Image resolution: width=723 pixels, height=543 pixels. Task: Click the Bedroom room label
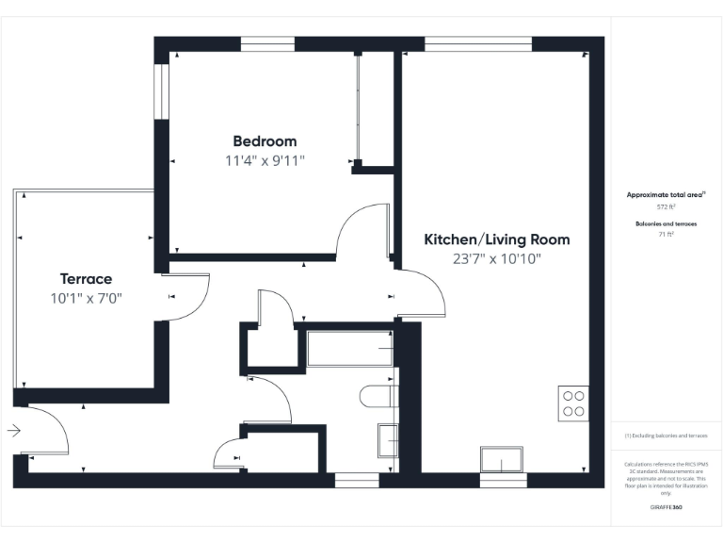[265, 141]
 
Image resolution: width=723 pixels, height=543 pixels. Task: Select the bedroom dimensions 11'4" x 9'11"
[265, 160]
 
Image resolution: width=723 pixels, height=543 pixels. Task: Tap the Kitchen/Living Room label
[496, 239]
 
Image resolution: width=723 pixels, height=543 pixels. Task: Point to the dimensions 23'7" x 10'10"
[496, 258]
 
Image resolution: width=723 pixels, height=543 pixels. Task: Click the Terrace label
[86, 279]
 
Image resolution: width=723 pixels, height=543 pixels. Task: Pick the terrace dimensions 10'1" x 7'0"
[86, 298]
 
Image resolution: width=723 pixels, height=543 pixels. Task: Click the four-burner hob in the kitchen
[573, 403]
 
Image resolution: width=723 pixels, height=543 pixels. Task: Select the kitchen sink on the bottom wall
[502, 460]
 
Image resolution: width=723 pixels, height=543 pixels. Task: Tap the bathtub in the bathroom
[349, 349]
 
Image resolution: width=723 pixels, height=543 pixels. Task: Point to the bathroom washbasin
[387, 439]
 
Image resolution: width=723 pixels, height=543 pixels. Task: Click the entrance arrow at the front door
[13, 431]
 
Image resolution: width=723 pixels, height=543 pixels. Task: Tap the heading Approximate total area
[665, 194]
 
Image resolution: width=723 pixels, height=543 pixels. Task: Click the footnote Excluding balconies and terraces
[666, 436]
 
